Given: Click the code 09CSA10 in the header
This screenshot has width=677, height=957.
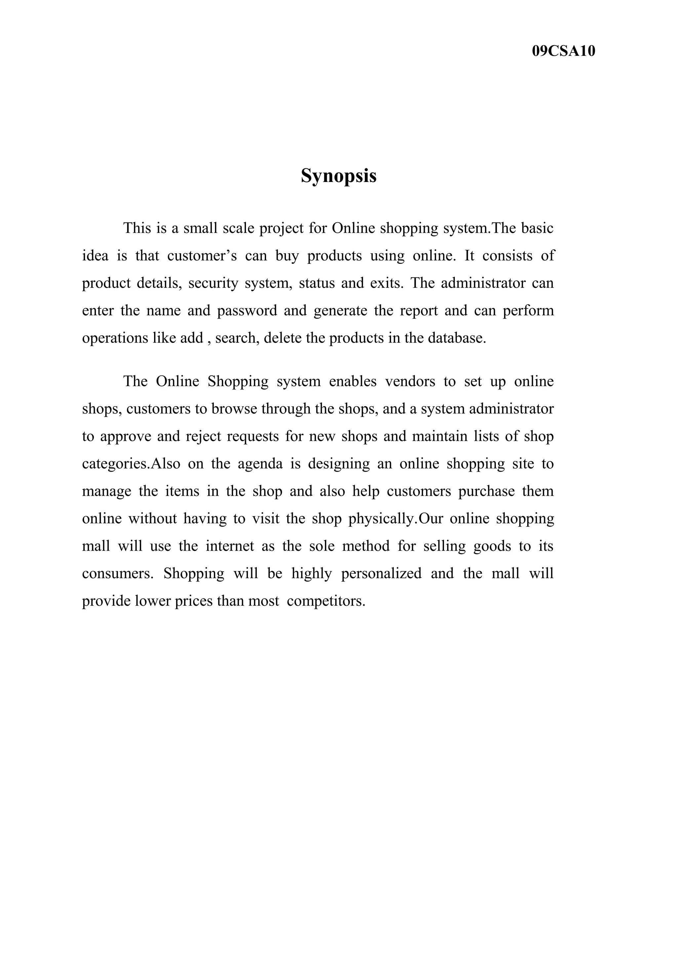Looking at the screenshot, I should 563,51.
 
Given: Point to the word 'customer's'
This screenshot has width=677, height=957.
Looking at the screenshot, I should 202,256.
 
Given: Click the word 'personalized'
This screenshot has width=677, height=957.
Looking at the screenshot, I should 381,574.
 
